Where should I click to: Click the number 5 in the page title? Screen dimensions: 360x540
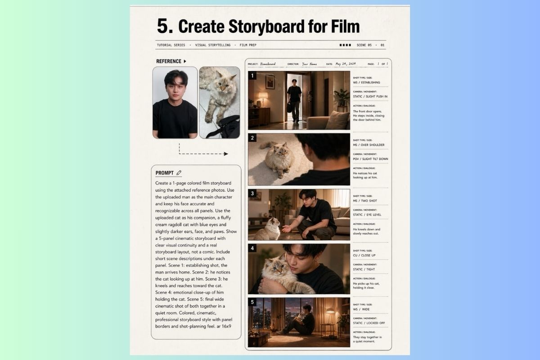[x=165, y=26]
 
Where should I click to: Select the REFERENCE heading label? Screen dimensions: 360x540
[x=169, y=61]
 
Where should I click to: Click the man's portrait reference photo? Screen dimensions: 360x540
[x=175, y=102]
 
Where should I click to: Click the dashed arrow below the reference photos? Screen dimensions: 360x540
[x=202, y=153]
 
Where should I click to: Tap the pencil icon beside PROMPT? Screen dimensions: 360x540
[x=179, y=173]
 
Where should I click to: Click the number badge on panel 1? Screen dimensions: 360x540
[x=252, y=76]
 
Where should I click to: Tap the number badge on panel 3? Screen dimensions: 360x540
[x=252, y=194]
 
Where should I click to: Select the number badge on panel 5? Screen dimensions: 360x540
[x=252, y=302]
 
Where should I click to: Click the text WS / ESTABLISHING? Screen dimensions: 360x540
[x=366, y=83]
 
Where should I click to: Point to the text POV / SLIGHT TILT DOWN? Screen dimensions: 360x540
[x=370, y=159]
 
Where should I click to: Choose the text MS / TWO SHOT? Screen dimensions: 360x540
[x=365, y=201]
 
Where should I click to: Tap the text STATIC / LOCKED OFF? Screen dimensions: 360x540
[x=369, y=323]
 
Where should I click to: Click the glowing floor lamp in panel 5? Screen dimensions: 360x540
[x=330, y=312]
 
